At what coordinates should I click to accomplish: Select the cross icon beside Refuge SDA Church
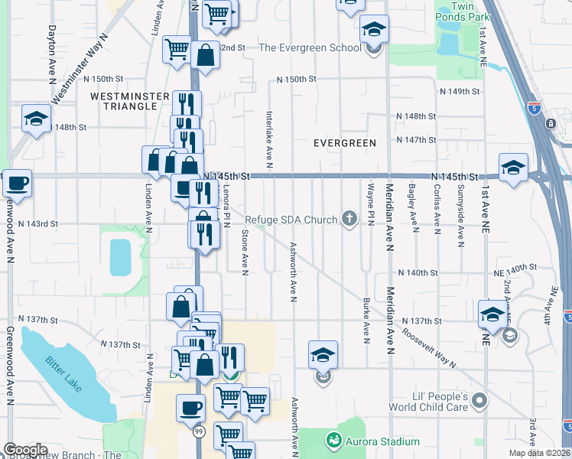click(349, 220)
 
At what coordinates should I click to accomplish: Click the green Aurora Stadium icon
click(333, 441)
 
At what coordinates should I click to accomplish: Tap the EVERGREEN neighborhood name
click(345, 143)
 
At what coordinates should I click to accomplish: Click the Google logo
click(25, 450)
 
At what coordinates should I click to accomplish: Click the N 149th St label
click(460, 91)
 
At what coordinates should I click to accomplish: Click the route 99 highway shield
click(200, 432)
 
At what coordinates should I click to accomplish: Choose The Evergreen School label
click(310, 47)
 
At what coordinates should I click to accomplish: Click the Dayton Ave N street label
click(52, 46)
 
